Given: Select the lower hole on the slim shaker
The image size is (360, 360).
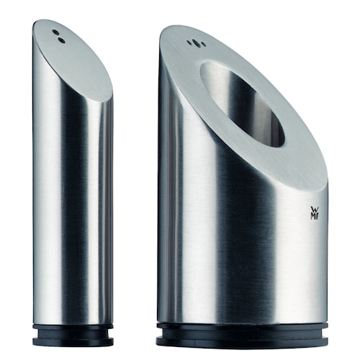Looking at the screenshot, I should [x=61, y=40].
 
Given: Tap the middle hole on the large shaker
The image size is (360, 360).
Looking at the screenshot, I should [x=193, y=42].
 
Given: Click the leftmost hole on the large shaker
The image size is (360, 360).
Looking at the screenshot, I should [x=189, y=43].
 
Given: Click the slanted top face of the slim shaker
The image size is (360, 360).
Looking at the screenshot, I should [x=76, y=61].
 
